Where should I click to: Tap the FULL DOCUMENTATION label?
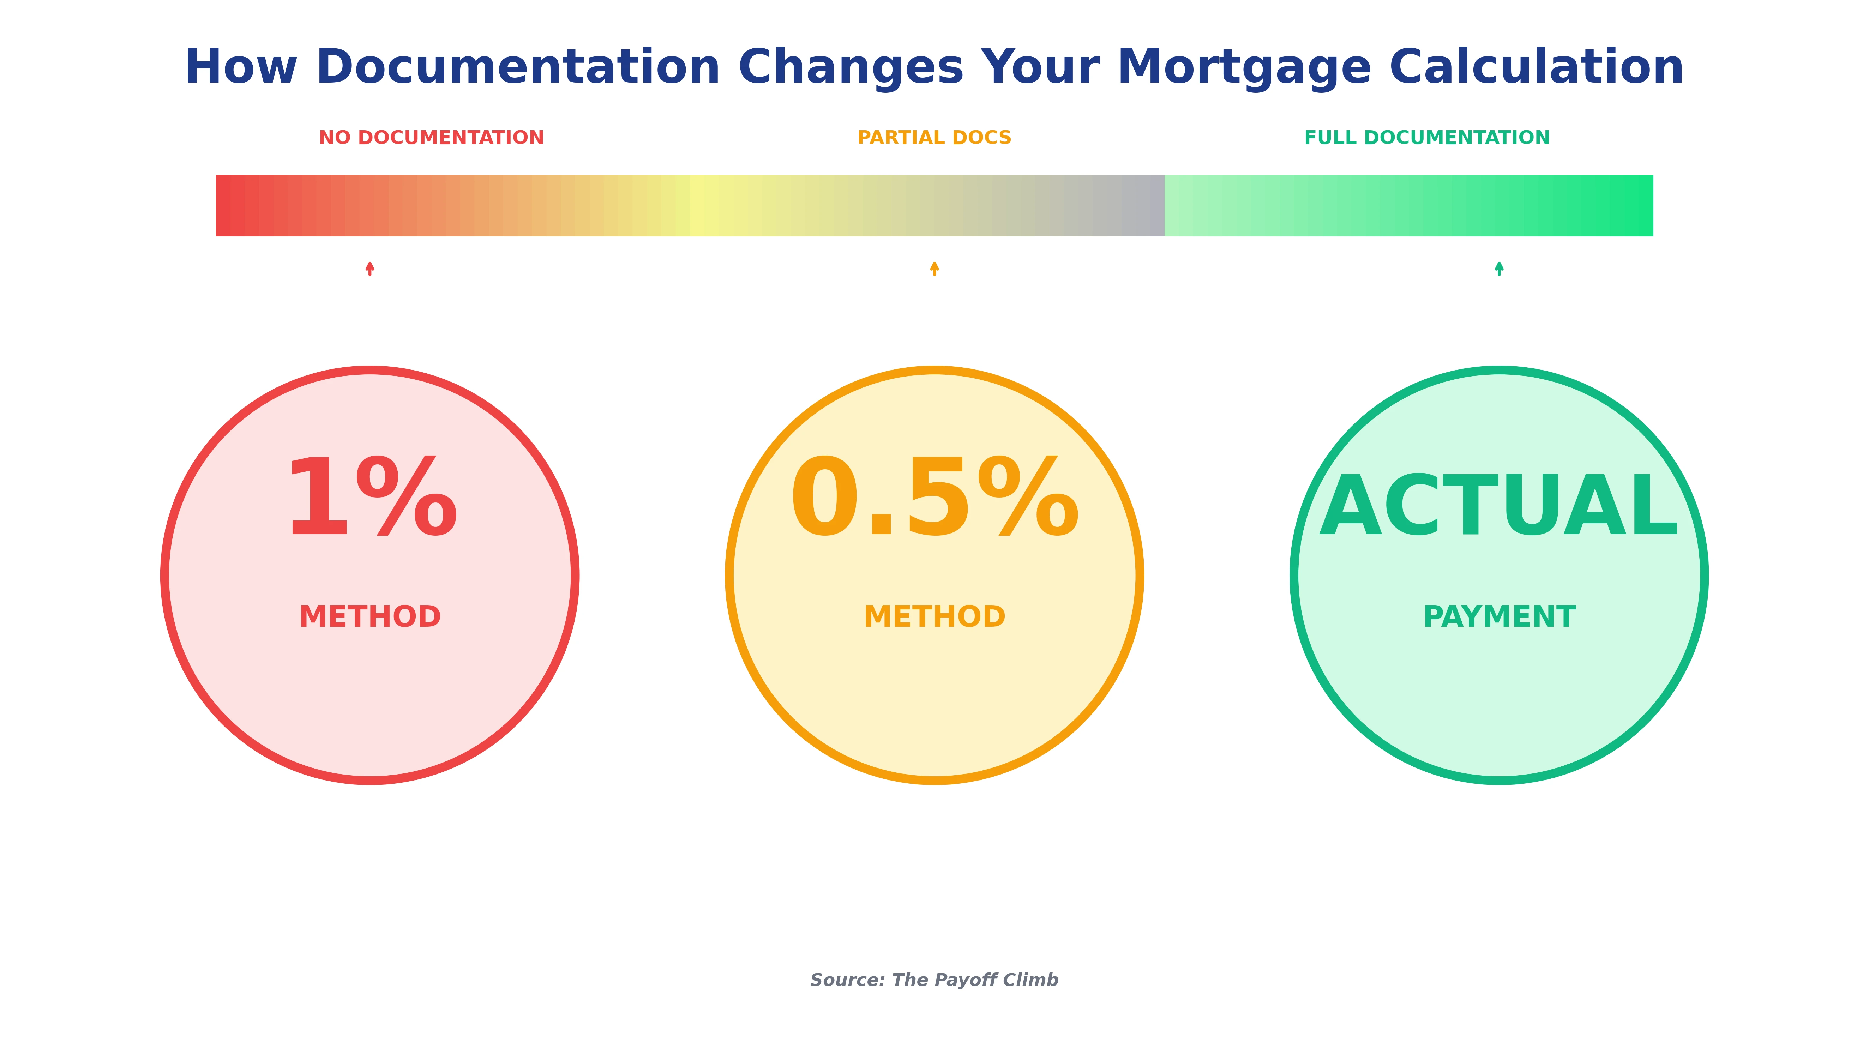[x=1426, y=138]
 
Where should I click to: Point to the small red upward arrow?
[x=370, y=268]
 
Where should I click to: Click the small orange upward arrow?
[x=934, y=268]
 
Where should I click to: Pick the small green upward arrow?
[x=1499, y=268]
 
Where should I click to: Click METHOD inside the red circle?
[x=370, y=617]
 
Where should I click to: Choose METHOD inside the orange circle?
[x=934, y=617]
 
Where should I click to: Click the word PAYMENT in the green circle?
[x=1499, y=617]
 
